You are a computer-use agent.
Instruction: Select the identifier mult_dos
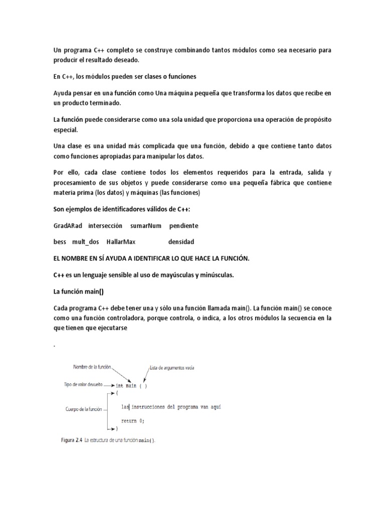(x=86, y=242)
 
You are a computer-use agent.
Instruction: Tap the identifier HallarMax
(x=121, y=242)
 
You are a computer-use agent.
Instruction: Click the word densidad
(x=181, y=242)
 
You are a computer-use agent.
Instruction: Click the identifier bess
(x=60, y=242)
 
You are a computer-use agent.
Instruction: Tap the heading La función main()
(x=78, y=291)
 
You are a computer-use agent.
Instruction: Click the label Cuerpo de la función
(x=84, y=409)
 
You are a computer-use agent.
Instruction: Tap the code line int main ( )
(x=131, y=386)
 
